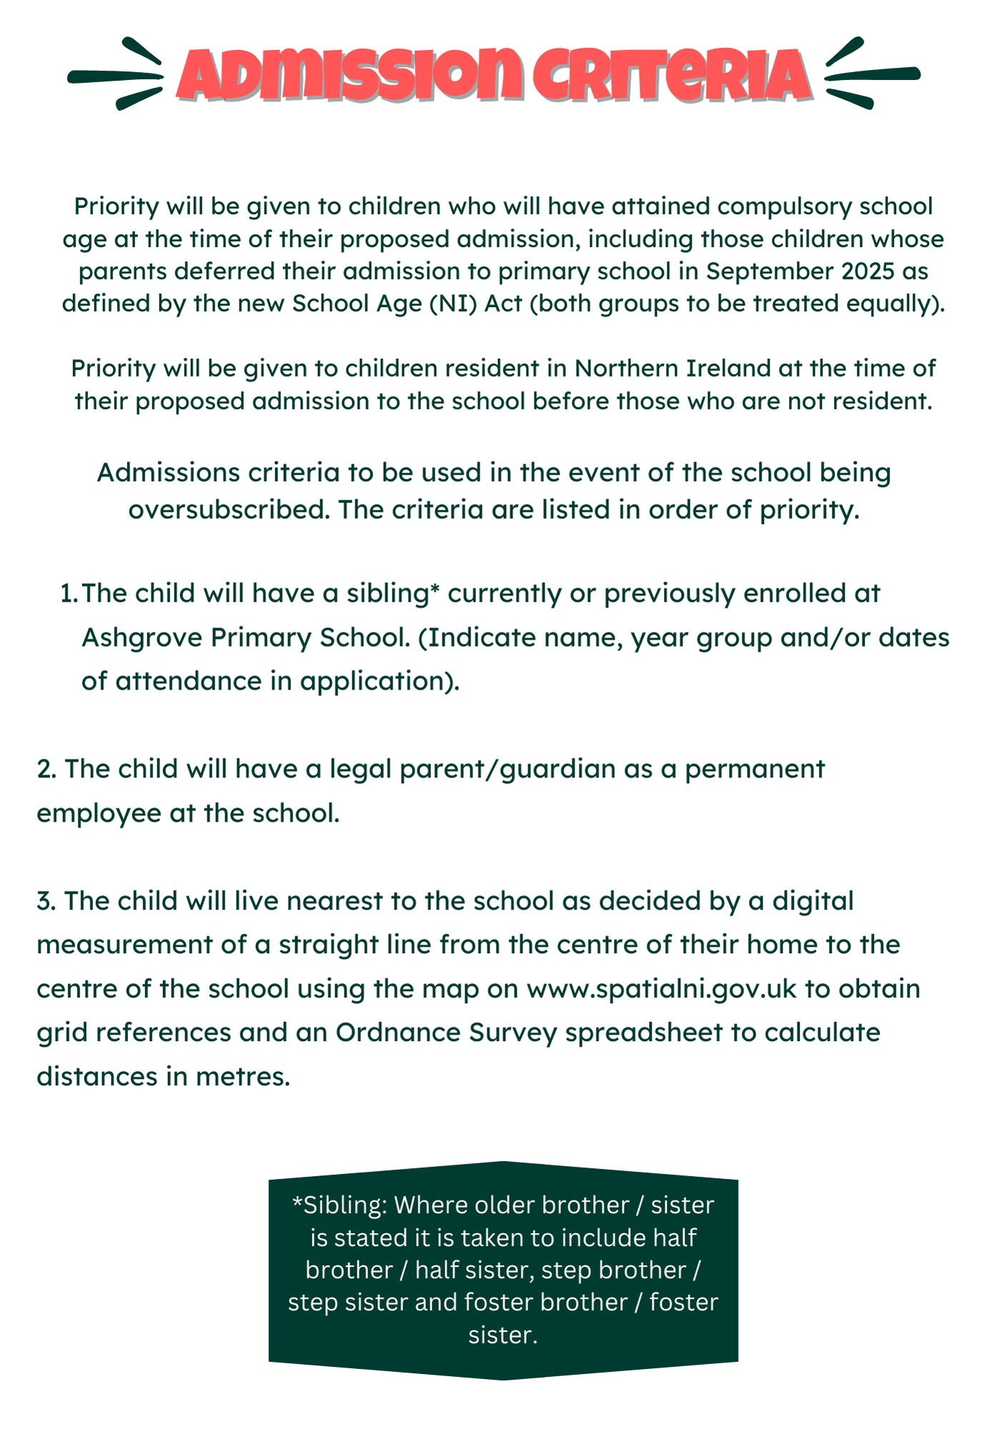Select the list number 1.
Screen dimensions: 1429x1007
coord(69,594)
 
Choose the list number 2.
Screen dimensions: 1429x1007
coord(46,770)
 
